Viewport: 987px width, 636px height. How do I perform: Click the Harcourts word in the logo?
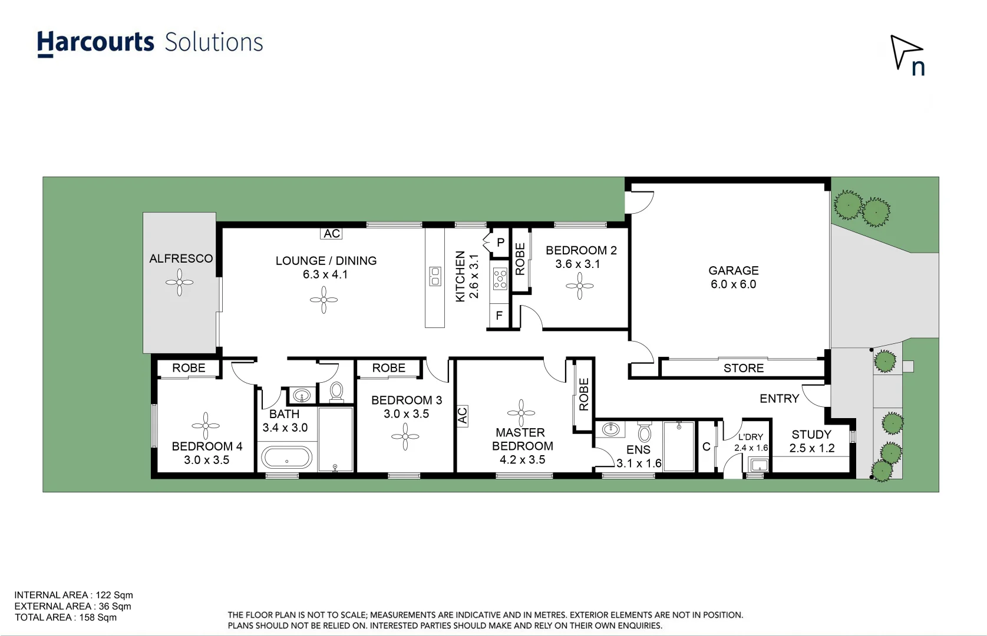[95, 43]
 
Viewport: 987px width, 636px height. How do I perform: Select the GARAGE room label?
[733, 270]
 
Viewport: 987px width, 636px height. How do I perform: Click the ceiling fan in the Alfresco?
[179, 283]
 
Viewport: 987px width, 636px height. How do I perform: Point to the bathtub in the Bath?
[287, 458]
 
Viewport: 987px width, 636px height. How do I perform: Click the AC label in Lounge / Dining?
[332, 234]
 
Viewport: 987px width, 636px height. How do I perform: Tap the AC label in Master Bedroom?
[462, 416]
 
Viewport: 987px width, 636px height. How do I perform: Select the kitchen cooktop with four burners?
[500, 279]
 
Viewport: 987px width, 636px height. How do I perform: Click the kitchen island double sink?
[435, 276]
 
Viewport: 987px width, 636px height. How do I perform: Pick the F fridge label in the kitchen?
[499, 316]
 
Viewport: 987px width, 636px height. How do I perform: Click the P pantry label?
[500, 243]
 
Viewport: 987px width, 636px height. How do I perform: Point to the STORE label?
[743, 369]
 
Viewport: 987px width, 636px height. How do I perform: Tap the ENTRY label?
[779, 399]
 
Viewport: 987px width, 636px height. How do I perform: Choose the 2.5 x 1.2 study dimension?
[811, 448]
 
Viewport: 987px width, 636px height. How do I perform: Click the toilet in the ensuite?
[645, 433]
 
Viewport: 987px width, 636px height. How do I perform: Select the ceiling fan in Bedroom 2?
[580, 286]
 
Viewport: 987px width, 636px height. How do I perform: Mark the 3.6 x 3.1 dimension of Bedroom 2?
[577, 264]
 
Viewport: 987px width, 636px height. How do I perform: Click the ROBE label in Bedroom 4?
[189, 368]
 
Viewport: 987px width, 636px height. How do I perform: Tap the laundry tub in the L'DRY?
[758, 465]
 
